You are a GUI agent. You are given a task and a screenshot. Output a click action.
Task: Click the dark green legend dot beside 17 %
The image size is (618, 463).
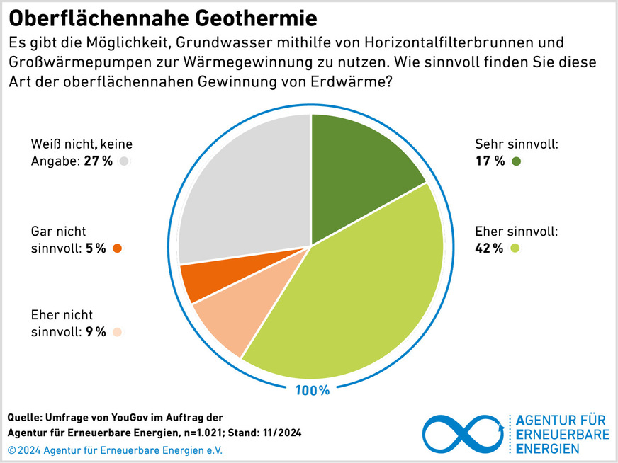tap(516, 161)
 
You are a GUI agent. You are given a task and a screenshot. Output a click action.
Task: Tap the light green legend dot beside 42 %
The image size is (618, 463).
tap(515, 248)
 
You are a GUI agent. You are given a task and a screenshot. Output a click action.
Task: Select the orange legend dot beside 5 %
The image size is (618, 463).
tap(118, 248)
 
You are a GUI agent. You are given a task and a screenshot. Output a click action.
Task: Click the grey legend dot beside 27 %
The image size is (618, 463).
tap(125, 161)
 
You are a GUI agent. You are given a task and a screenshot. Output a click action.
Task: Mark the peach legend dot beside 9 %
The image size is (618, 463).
tap(118, 331)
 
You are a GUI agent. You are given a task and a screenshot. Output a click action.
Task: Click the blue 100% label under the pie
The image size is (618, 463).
tap(312, 390)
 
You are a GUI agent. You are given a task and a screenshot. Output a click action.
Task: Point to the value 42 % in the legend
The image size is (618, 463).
tap(489, 248)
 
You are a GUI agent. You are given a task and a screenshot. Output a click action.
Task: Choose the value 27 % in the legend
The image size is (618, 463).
tap(99, 161)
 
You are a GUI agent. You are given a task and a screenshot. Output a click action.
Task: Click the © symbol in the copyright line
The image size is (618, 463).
tap(11, 450)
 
